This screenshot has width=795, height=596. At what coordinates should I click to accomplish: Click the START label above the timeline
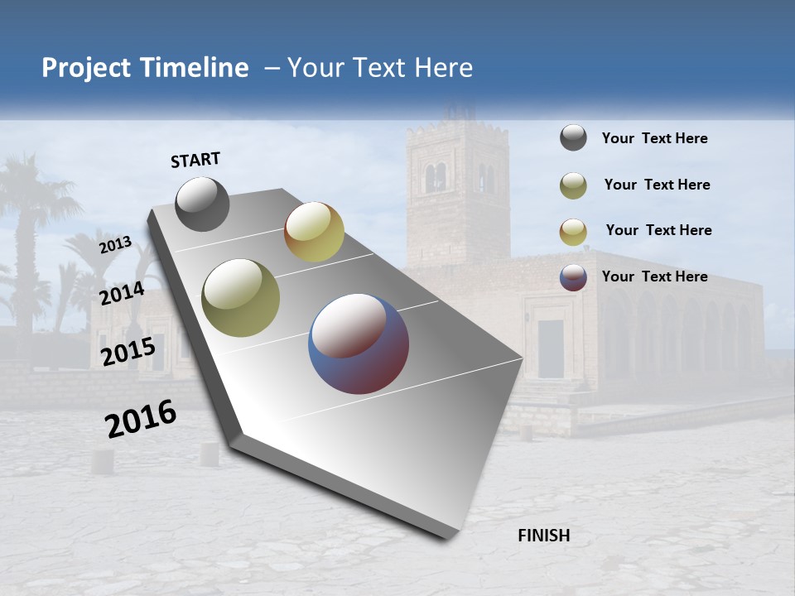point(195,160)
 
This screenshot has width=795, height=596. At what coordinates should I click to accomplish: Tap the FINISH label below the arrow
point(543,536)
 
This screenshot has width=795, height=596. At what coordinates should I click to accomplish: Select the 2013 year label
point(116,244)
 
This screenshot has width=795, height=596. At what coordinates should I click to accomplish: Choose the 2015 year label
point(128,352)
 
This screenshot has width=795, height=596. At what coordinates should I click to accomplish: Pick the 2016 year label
point(141,419)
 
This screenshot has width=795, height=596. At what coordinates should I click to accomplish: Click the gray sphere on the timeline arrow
point(202,204)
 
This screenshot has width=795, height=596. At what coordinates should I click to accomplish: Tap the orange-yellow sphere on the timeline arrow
point(314,232)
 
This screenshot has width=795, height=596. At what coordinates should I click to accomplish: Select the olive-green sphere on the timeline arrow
point(241,297)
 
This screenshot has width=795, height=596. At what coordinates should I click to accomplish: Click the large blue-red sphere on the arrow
point(359,344)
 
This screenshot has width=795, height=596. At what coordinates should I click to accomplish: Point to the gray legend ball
point(573,138)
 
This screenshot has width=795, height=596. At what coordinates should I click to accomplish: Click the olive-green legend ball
point(573,185)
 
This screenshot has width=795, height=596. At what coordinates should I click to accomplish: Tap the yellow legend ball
point(573,232)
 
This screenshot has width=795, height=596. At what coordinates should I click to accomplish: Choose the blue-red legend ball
point(573,278)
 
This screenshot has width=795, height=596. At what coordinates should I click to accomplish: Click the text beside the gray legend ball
point(654,139)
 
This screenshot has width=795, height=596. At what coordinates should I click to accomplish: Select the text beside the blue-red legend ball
point(654,276)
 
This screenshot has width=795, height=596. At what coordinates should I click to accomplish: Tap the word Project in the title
point(85,69)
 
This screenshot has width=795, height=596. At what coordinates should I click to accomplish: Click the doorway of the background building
point(550,348)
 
